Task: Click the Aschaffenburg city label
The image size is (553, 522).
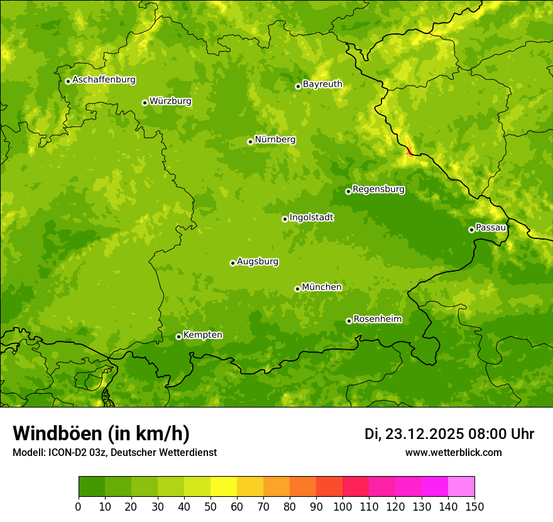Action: tap(104, 80)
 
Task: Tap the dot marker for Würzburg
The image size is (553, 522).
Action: tap(145, 103)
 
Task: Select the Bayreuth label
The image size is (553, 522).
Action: tap(322, 84)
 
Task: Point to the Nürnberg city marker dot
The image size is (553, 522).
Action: tap(250, 142)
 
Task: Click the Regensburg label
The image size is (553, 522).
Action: tap(378, 189)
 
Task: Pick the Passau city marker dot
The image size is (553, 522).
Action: tap(471, 230)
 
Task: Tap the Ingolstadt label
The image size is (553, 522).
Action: tap(311, 218)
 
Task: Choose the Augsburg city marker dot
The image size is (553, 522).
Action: tap(233, 263)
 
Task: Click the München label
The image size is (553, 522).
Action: tap(322, 287)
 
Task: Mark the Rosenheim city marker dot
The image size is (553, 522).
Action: tap(349, 321)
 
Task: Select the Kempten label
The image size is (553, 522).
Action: tap(202, 335)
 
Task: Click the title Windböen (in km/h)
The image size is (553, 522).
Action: tap(101, 433)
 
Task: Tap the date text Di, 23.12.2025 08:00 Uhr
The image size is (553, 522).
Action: tap(449, 434)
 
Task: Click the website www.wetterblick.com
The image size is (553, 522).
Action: tap(453, 452)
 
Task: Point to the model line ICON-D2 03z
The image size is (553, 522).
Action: tap(114, 452)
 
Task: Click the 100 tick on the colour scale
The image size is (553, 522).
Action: tap(342, 506)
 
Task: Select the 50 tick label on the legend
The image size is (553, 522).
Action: tap(211, 506)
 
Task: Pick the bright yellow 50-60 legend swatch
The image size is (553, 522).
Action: tap(224, 487)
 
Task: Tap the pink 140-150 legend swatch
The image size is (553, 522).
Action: tap(461, 487)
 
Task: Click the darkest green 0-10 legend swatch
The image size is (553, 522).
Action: tap(92, 487)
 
